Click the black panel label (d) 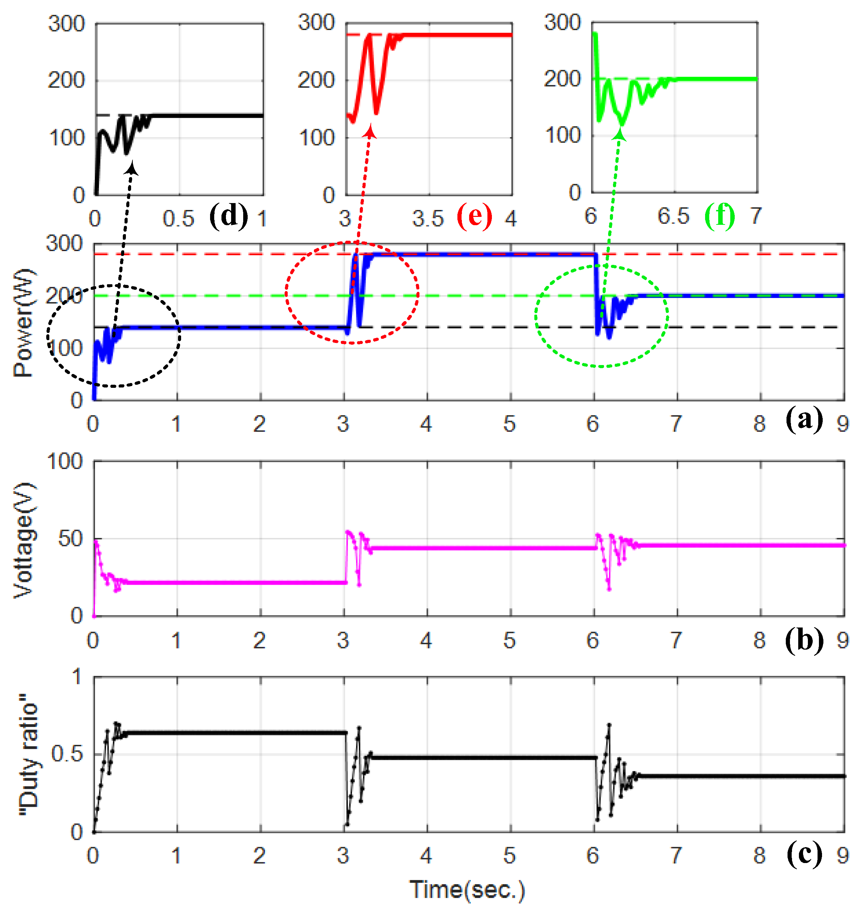229,216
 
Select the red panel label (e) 474,216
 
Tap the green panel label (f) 719,216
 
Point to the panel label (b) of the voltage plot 804,639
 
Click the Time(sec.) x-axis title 467,890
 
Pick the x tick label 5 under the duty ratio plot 509,855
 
